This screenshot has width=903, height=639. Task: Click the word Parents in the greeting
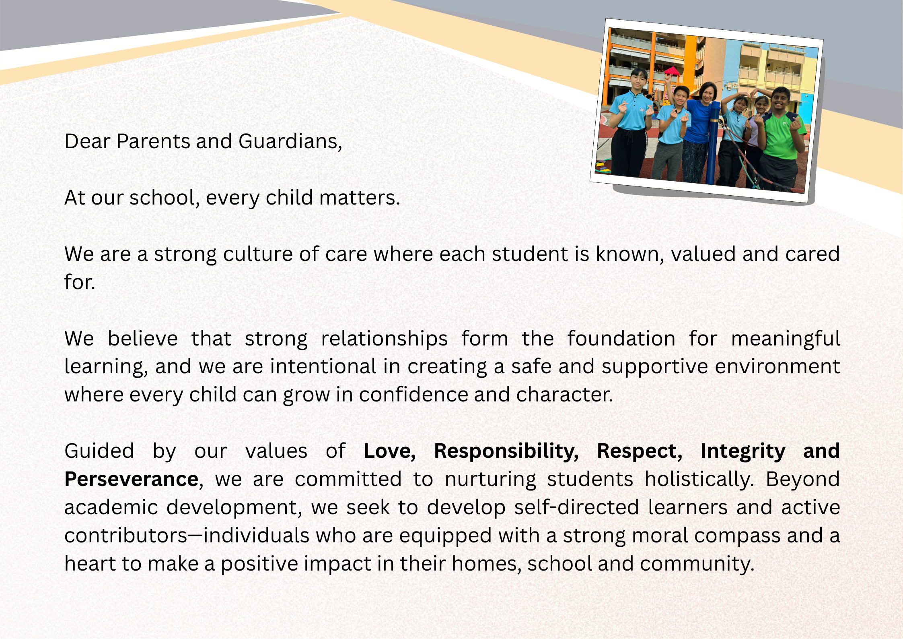tap(153, 141)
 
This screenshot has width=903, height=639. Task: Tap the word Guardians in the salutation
tap(288, 141)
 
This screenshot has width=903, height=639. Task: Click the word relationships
tap(385, 339)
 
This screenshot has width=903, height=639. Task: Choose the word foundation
tap(621, 339)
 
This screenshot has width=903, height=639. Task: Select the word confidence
tap(413, 395)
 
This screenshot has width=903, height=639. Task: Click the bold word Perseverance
tap(131, 480)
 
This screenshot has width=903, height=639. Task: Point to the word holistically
tap(699, 480)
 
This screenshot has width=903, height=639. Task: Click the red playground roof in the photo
tap(671, 72)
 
